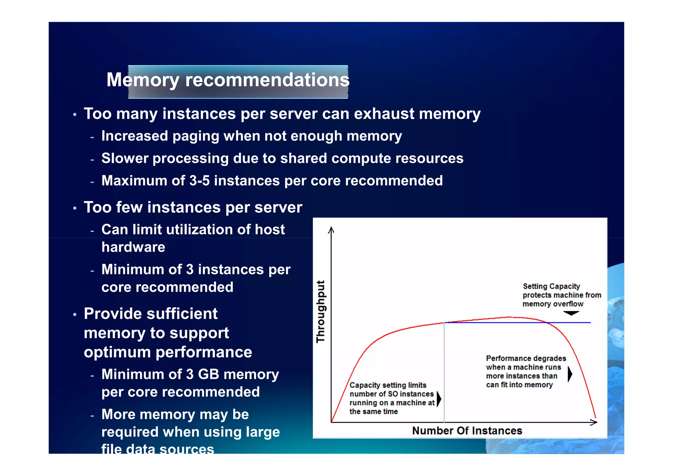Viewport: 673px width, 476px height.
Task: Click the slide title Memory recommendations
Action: pyautogui.click(x=228, y=80)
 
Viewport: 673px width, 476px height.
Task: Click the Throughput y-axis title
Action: pyautogui.click(x=321, y=312)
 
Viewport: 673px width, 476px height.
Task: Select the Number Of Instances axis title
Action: pyautogui.click(x=467, y=431)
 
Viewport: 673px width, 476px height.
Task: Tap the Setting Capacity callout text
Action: pyautogui.click(x=562, y=295)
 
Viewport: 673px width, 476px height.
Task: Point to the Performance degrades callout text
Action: pyautogui.click(x=526, y=371)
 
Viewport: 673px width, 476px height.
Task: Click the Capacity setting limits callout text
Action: pyautogui.click(x=391, y=398)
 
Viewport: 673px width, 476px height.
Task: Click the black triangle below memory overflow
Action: pyautogui.click(x=571, y=313)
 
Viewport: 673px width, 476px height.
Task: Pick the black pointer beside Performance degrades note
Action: pyautogui.click(x=570, y=374)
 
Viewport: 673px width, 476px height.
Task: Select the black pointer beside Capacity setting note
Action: pyautogui.click(x=439, y=399)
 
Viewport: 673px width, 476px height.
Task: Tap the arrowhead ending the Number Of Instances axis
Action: pyautogui.click(x=594, y=422)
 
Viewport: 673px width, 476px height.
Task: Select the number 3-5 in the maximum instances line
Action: pyautogui.click(x=199, y=181)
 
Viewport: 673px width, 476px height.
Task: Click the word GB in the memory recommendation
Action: pyautogui.click(x=208, y=374)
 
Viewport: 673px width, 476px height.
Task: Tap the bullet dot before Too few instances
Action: pyautogui.click(x=75, y=208)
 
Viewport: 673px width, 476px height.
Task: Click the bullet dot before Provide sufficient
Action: pyautogui.click(x=75, y=314)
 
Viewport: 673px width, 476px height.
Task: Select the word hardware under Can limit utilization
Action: pyautogui.click(x=133, y=247)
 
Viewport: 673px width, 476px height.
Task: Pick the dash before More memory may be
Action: pyautogui.click(x=92, y=415)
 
